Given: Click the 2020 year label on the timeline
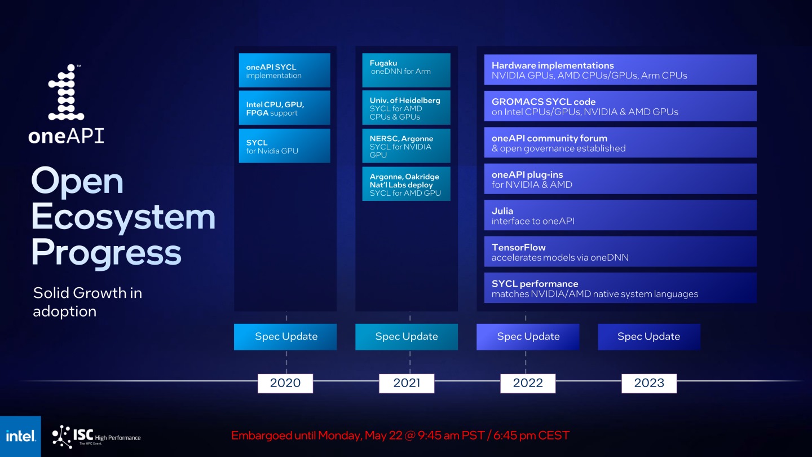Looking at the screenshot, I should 285,383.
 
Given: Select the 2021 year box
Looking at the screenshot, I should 407,383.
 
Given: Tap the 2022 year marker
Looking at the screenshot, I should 528,383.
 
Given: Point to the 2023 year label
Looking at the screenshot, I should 649,383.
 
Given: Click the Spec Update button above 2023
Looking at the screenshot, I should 649,337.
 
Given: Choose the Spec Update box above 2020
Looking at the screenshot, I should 285,337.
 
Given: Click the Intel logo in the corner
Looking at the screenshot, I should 20,436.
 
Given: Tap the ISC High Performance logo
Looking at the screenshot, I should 96,436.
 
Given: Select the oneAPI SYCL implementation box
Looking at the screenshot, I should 284,71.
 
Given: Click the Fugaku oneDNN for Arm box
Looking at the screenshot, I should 406,71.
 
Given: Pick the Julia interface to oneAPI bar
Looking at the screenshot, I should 620,216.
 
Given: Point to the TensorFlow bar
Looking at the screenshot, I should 620,252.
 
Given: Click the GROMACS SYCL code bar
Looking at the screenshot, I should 620,106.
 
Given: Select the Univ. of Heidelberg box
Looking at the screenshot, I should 406,108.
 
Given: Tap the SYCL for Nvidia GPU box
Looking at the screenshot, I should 284,146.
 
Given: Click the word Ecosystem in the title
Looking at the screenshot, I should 123,217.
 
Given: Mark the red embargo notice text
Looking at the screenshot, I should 400,436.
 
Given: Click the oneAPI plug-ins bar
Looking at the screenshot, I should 620,179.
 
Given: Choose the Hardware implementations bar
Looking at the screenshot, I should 620,70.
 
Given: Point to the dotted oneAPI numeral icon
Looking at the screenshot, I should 66,93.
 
